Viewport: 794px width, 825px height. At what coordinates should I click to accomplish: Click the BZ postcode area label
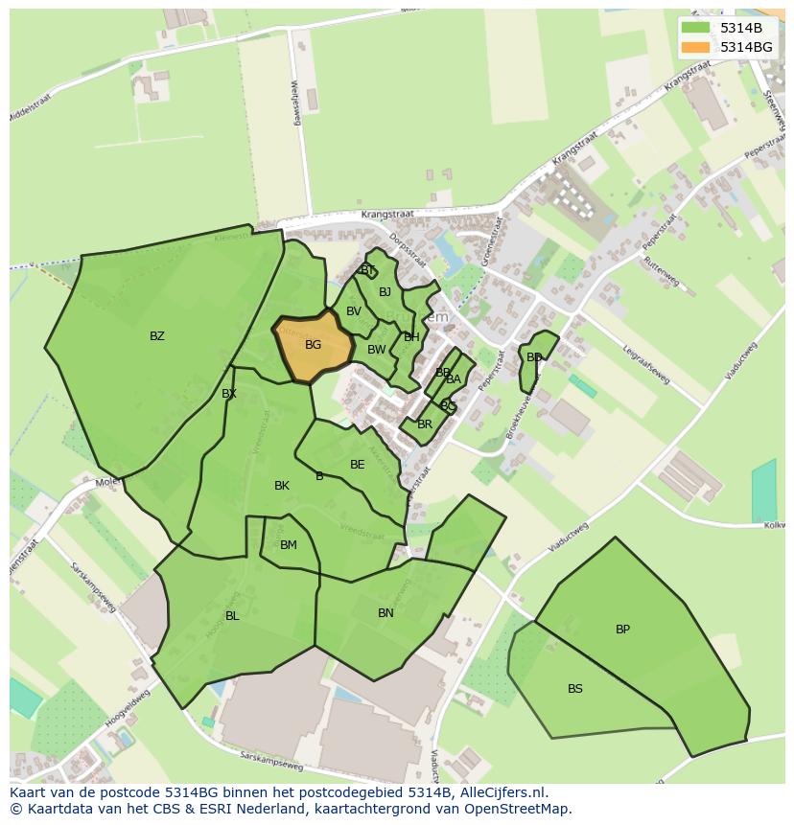pos(157,336)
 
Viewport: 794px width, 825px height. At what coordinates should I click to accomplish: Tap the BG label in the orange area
pos(313,345)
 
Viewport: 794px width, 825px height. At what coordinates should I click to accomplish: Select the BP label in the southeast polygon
pos(622,630)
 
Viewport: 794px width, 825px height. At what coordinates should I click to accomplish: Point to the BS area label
pos(574,689)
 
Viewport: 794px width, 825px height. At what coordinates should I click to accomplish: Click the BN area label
pos(385,613)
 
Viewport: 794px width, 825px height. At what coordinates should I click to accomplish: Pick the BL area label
pos(232,616)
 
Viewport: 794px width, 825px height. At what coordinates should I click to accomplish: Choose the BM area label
pos(289,545)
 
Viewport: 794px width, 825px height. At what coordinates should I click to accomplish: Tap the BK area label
pos(281,486)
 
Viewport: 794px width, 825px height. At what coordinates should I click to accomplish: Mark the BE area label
pos(357,465)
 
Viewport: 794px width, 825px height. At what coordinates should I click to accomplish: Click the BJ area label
pos(385,292)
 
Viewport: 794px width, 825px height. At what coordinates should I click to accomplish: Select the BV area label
pos(354,311)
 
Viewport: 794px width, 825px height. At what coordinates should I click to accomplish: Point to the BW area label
pos(376,350)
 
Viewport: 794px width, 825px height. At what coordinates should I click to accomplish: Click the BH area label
pos(411,337)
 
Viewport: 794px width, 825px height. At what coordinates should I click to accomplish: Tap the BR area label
pos(425,424)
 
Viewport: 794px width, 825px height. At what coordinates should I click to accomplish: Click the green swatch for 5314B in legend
pos(695,28)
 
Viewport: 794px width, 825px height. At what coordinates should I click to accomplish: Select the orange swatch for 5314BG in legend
pos(695,47)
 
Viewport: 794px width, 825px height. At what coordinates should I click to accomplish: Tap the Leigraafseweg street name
pos(644,365)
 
